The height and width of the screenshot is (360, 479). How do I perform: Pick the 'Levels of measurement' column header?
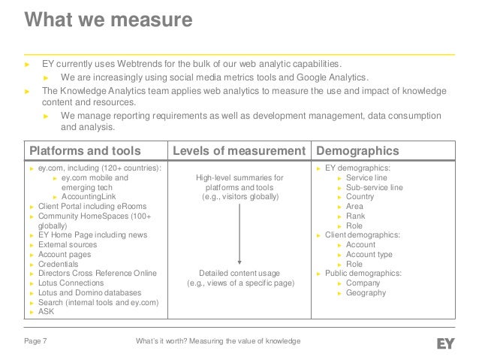tap(238, 150)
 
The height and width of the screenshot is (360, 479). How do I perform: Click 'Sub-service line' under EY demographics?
tap(374, 187)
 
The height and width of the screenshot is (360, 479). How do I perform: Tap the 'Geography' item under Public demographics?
tap(366, 293)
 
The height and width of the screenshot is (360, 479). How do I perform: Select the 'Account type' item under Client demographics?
tap(370, 255)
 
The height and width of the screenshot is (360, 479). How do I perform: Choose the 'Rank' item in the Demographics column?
tap(355, 216)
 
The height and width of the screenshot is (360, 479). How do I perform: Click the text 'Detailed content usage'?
tap(239, 273)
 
